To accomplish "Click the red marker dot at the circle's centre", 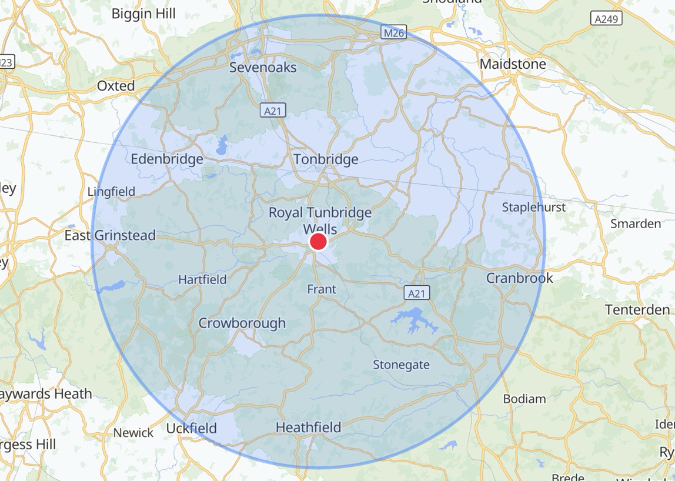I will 318,242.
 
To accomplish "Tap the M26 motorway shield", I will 393,33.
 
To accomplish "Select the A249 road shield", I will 606,19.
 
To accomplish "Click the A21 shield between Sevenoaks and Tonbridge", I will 273,110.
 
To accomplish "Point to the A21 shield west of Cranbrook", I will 416,293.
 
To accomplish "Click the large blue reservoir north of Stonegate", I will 416,320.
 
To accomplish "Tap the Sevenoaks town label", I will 263,67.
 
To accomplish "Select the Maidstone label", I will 513,64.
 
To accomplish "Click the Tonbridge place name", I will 325,159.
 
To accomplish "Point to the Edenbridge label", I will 167,159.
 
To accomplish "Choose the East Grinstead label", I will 110,235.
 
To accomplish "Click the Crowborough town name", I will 242,323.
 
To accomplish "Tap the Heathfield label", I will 308,427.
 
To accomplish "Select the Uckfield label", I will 191,428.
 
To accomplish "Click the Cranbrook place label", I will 519,278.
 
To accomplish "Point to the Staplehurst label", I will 533,207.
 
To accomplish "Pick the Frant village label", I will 322,289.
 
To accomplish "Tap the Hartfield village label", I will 202,280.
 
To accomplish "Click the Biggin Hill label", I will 143,14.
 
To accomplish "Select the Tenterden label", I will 637,310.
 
